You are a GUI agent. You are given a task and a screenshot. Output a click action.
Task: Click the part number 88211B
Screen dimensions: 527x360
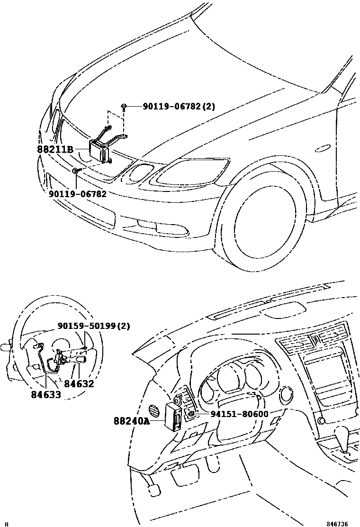coord(55,149)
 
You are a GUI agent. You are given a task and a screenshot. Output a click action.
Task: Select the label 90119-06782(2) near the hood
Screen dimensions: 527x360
coord(179,107)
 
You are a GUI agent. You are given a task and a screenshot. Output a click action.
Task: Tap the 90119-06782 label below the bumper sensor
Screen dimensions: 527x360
coord(77,194)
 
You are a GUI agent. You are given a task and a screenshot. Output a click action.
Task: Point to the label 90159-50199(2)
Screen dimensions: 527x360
coord(94,326)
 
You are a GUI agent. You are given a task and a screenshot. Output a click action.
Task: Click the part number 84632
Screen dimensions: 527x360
coord(79,384)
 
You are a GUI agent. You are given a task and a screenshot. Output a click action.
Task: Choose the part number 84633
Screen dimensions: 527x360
coord(46,394)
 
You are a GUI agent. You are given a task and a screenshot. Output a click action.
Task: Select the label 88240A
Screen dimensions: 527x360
coord(132,420)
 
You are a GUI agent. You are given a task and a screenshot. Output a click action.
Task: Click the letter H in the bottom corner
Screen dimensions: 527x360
coord(4,524)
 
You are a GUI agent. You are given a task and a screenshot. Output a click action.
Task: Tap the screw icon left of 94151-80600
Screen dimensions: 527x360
coord(191,415)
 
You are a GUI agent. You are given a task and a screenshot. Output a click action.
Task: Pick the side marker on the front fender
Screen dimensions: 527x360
coord(323,148)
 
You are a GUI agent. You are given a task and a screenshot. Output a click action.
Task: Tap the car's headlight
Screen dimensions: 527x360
coord(189,173)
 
